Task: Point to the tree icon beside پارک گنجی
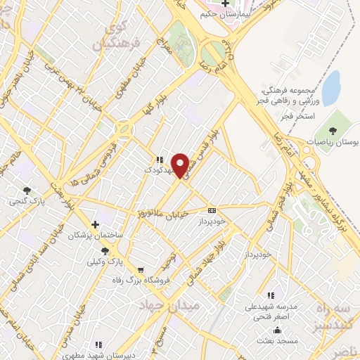tap(27, 190)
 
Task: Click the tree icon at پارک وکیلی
tap(105, 250)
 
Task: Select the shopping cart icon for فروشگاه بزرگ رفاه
tap(140, 269)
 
